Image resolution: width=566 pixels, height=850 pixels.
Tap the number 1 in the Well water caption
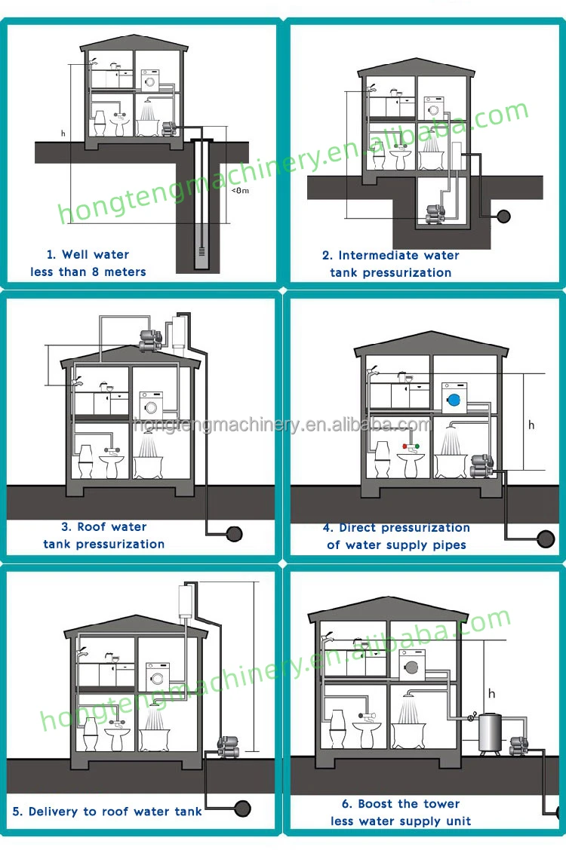[50, 255]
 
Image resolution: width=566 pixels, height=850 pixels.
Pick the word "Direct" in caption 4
[358, 528]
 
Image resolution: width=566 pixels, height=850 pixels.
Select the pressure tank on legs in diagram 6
[492, 731]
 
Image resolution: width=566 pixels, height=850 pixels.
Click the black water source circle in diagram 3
[235, 533]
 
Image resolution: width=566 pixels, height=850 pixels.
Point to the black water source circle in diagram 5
[242, 808]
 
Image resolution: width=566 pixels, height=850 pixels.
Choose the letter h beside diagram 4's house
[531, 425]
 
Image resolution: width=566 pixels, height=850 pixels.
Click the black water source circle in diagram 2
[503, 216]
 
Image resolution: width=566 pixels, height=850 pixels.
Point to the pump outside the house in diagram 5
[225, 748]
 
